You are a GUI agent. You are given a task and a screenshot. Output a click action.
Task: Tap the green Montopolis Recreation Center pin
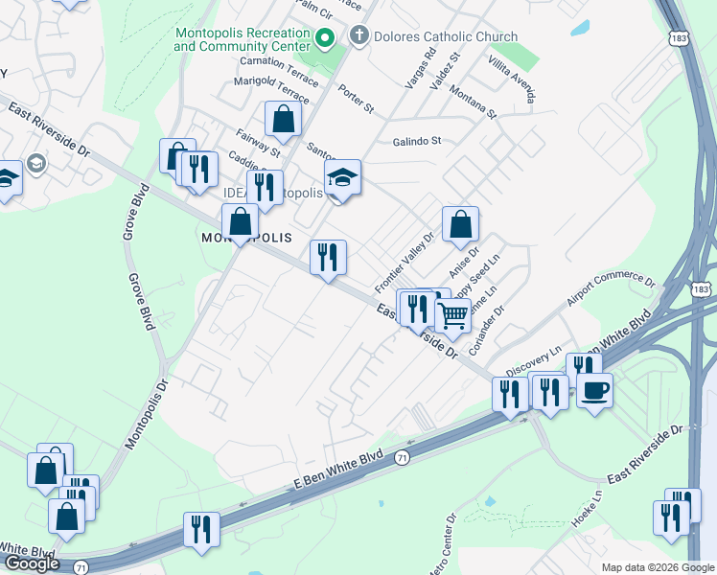pyautogui.click(x=323, y=39)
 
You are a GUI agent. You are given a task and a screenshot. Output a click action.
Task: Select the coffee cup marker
pyautogui.click(x=594, y=390)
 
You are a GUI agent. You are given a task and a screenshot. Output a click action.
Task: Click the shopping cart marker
pyautogui.click(x=453, y=314)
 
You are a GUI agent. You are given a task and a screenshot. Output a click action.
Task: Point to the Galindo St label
pyautogui.click(x=416, y=141)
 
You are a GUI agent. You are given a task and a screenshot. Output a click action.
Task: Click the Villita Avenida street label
pyautogui.click(x=511, y=79)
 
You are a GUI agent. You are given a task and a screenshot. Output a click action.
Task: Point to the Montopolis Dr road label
pyautogui.click(x=146, y=410)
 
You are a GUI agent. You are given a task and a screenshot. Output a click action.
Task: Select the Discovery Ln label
pyautogui.click(x=533, y=363)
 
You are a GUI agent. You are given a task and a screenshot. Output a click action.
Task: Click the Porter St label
pyautogui.click(x=355, y=101)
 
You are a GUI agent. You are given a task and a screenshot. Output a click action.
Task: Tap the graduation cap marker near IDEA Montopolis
pyautogui.click(x=342, y=178)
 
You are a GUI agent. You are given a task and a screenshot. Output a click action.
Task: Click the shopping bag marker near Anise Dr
pyautogui.click(x=460, y=224)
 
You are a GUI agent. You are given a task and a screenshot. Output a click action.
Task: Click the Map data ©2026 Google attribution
pyautogui.click(x=658, y=566)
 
